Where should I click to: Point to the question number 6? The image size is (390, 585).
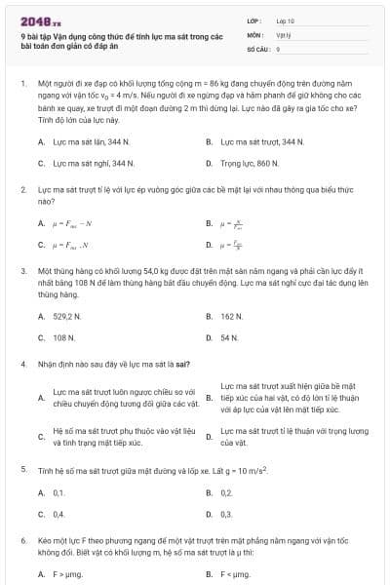(x=22, y=539)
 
